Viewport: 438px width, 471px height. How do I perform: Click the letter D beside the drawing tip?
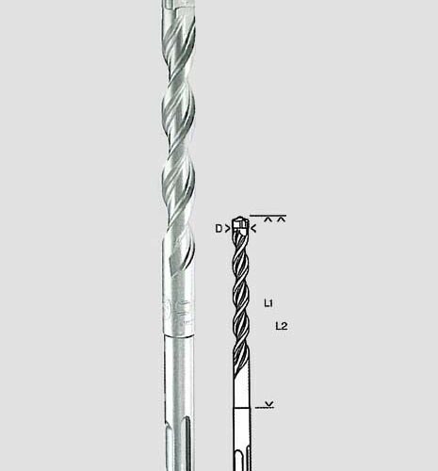[x=219, y=228]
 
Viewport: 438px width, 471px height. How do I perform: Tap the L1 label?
[x=269, y=303]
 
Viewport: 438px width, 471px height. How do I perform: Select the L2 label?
[x=281, y=326]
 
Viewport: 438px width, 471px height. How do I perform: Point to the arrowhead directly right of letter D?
[x=230, y=228]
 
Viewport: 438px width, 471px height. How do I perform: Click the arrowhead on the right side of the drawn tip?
[x=254, y=228]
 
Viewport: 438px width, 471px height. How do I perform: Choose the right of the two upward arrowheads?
[x=282, y=219]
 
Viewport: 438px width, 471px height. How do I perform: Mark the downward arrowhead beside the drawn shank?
[x=271, y=404]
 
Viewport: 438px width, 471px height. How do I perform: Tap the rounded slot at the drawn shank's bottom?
[x=242, y=452]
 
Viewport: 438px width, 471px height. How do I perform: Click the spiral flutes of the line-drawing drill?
[x=242, y=292]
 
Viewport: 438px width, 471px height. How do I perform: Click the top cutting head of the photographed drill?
[x=172, y=9]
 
